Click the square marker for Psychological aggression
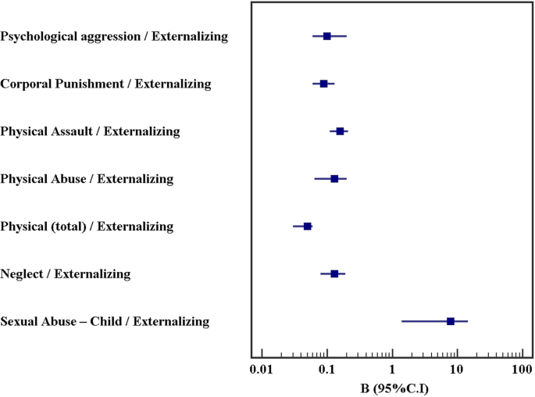(326, 36)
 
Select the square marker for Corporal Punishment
(323, 84)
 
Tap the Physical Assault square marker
(340, 131)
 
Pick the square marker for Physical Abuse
(334, 179)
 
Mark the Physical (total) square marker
(307, 227)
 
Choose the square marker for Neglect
(334, 274)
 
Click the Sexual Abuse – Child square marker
(451, 321)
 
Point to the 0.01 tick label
(262, 370)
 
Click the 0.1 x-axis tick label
(326, 370)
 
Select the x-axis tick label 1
(391, 370)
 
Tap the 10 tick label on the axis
(456, 370)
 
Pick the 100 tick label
(522, 370)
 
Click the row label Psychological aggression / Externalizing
(115, 36)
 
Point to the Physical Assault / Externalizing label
(91, 131)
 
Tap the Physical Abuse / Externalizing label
(87, 179)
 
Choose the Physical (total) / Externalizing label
(87, 227)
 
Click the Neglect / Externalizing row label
(66, 274)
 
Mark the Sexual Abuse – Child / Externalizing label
(105, 321)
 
